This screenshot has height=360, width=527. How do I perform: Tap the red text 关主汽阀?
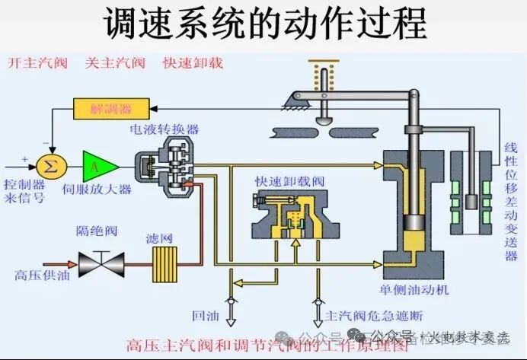coord(114,63)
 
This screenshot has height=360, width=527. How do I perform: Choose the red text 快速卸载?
coord(193,63)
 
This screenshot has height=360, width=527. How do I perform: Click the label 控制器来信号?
coord(24,191)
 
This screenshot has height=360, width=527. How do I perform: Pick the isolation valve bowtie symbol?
coord(103,263)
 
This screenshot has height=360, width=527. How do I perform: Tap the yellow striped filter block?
coord(161,263)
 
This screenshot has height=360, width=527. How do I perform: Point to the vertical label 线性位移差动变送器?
coord(511,200)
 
